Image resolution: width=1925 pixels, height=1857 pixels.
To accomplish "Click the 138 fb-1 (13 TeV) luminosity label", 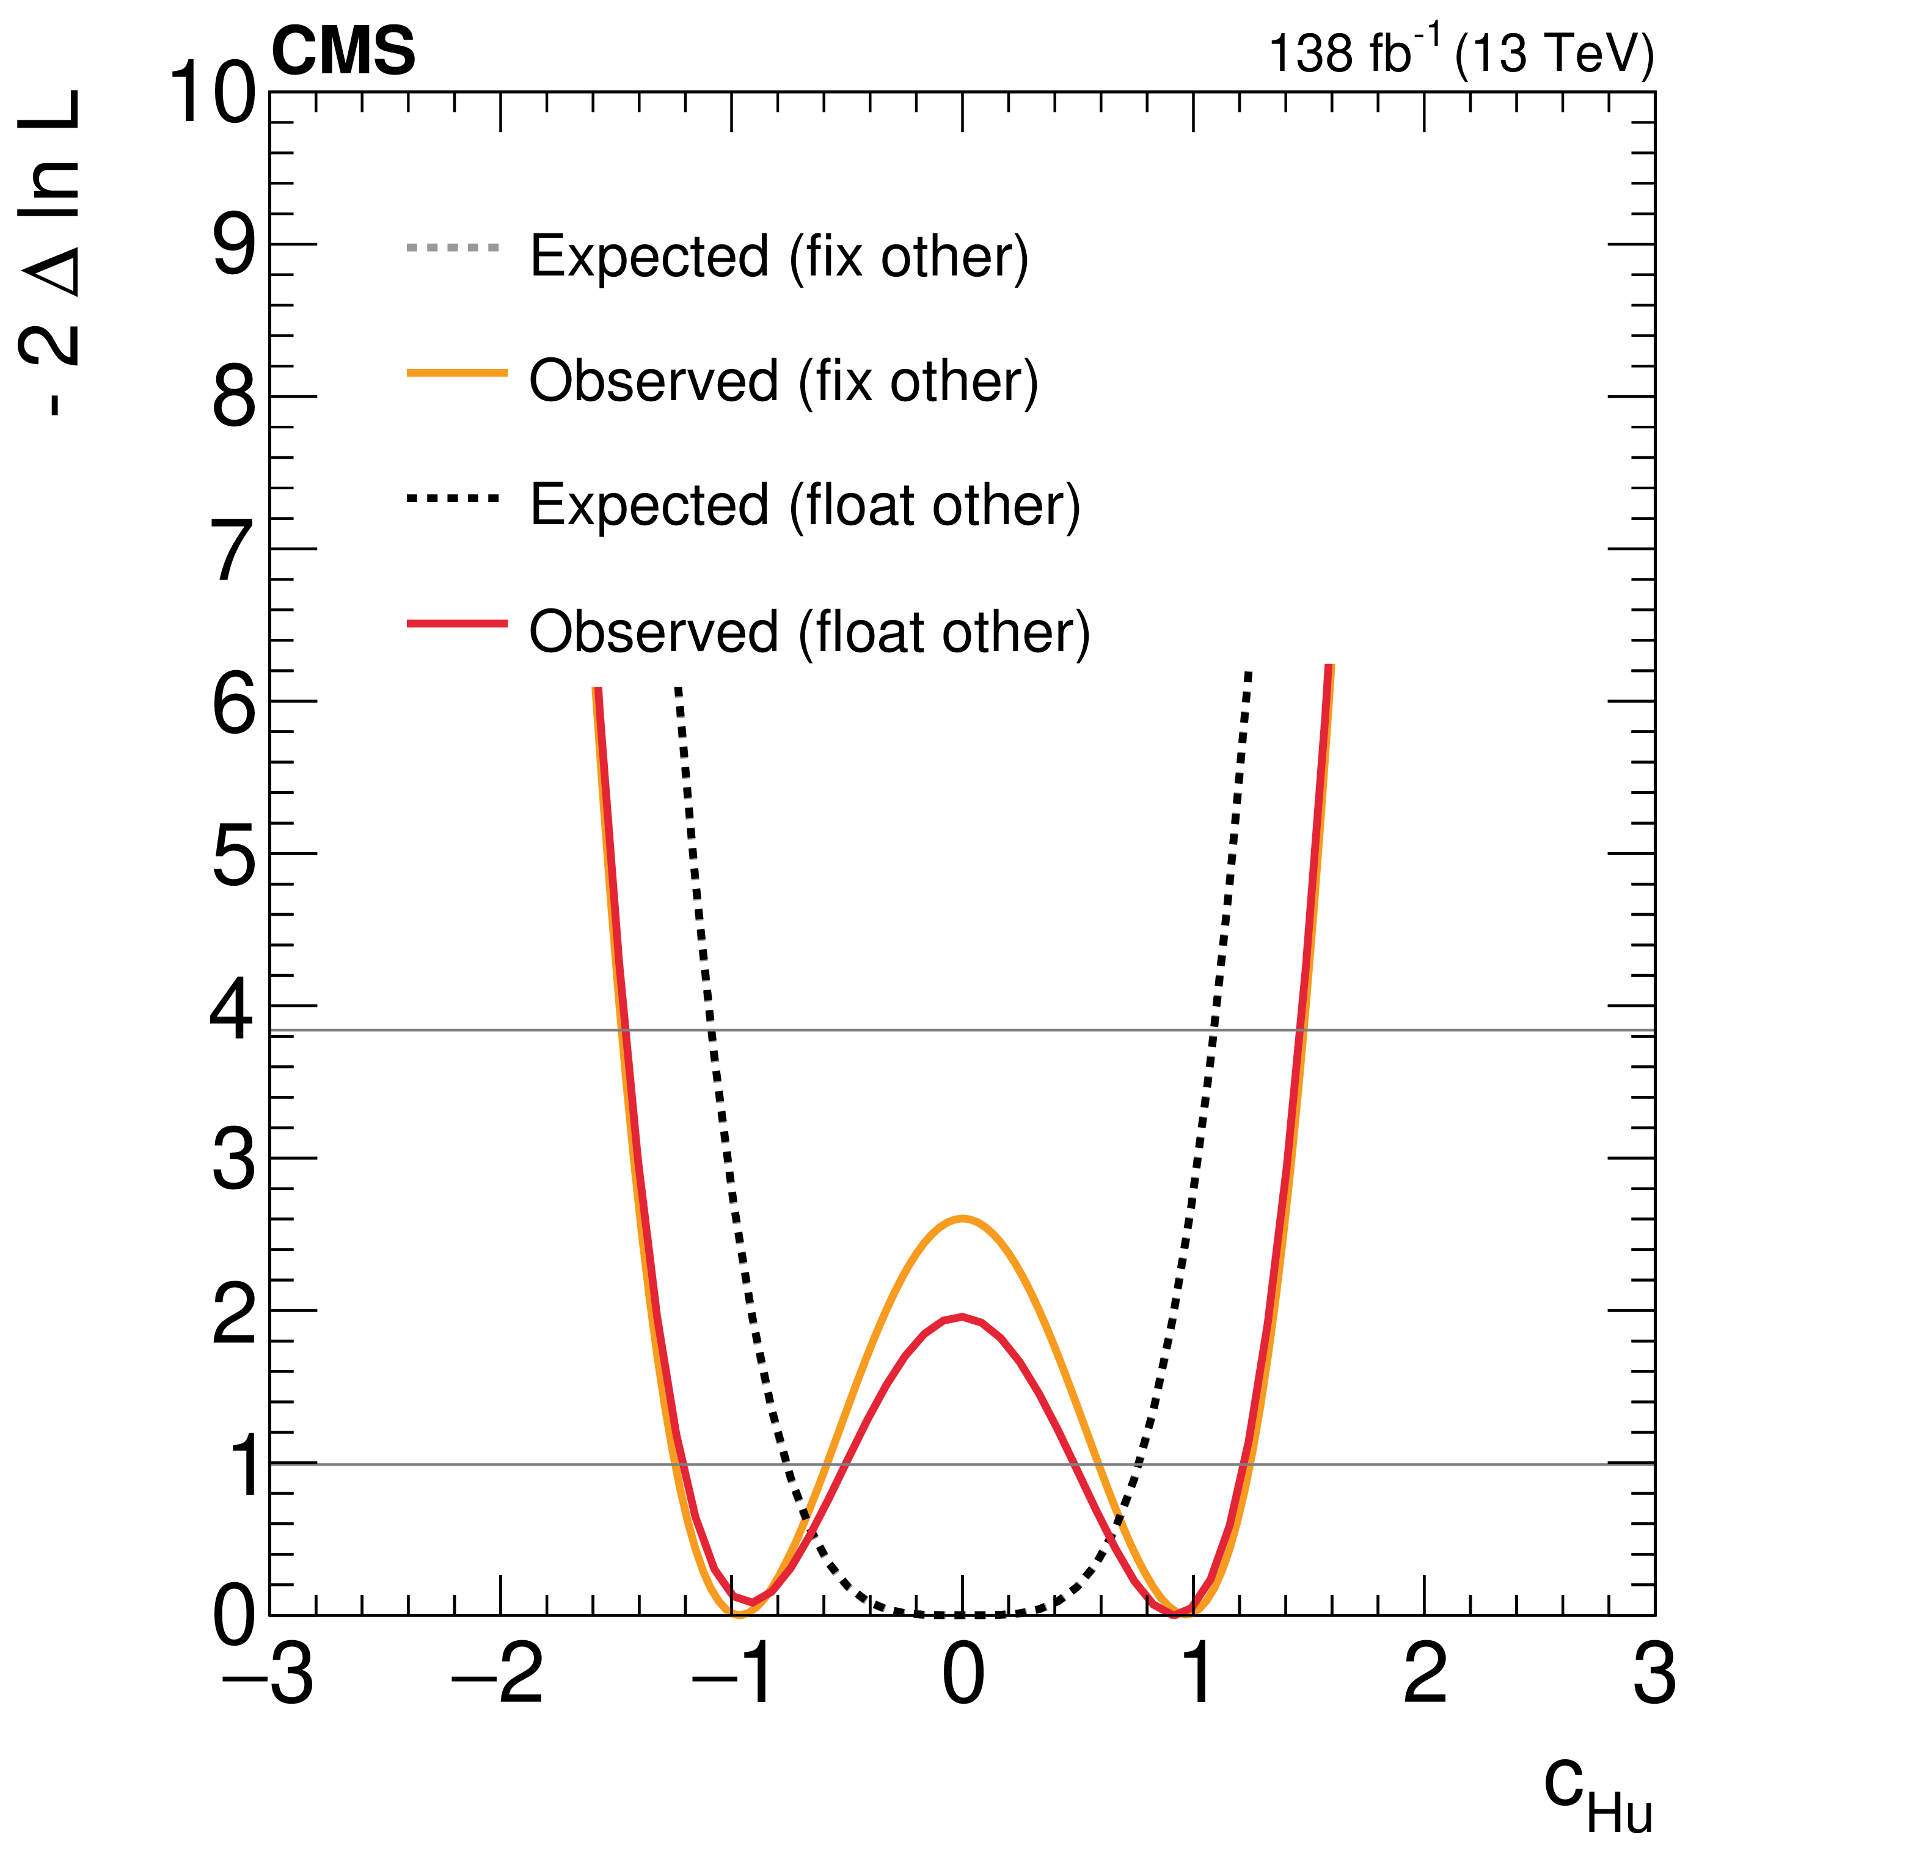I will [x=1461, y=53].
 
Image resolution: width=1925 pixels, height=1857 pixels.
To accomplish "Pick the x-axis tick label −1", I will [x=732, y=1673].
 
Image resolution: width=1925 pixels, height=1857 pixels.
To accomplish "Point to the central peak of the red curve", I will [x=963, y=1317].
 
